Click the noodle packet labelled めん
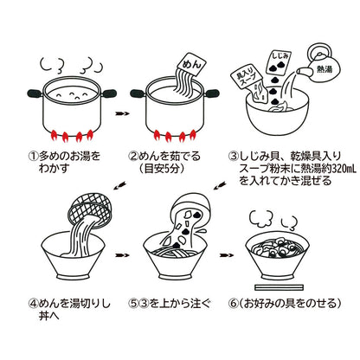(190, 62)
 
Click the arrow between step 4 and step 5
(123, 256)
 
